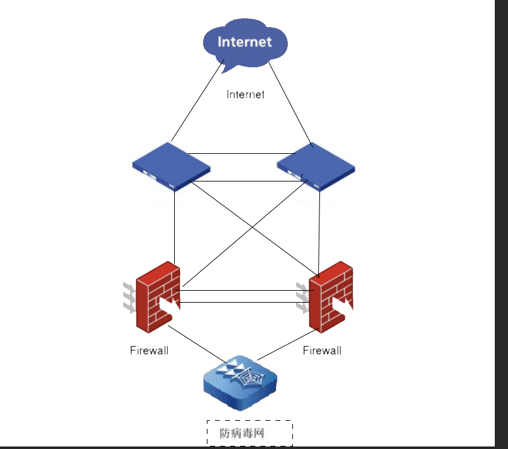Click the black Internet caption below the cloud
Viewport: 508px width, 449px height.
click(x=245, y=95)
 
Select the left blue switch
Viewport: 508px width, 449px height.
click(x=170, y=166)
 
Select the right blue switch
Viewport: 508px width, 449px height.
click(x=316, y=166)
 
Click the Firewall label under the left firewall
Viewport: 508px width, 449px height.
click(x=149, y=350)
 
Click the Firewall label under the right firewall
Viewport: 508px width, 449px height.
click(x=322, y=350)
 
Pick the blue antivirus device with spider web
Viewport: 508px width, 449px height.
click(x=240, y=384)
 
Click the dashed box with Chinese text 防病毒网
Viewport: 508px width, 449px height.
click(x=250, y=433)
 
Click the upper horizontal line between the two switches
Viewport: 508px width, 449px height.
click(x=242, y=153)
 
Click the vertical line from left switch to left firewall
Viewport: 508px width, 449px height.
click(x=175, y=226)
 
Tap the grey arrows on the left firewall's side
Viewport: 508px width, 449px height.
click(x=128, y=298)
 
